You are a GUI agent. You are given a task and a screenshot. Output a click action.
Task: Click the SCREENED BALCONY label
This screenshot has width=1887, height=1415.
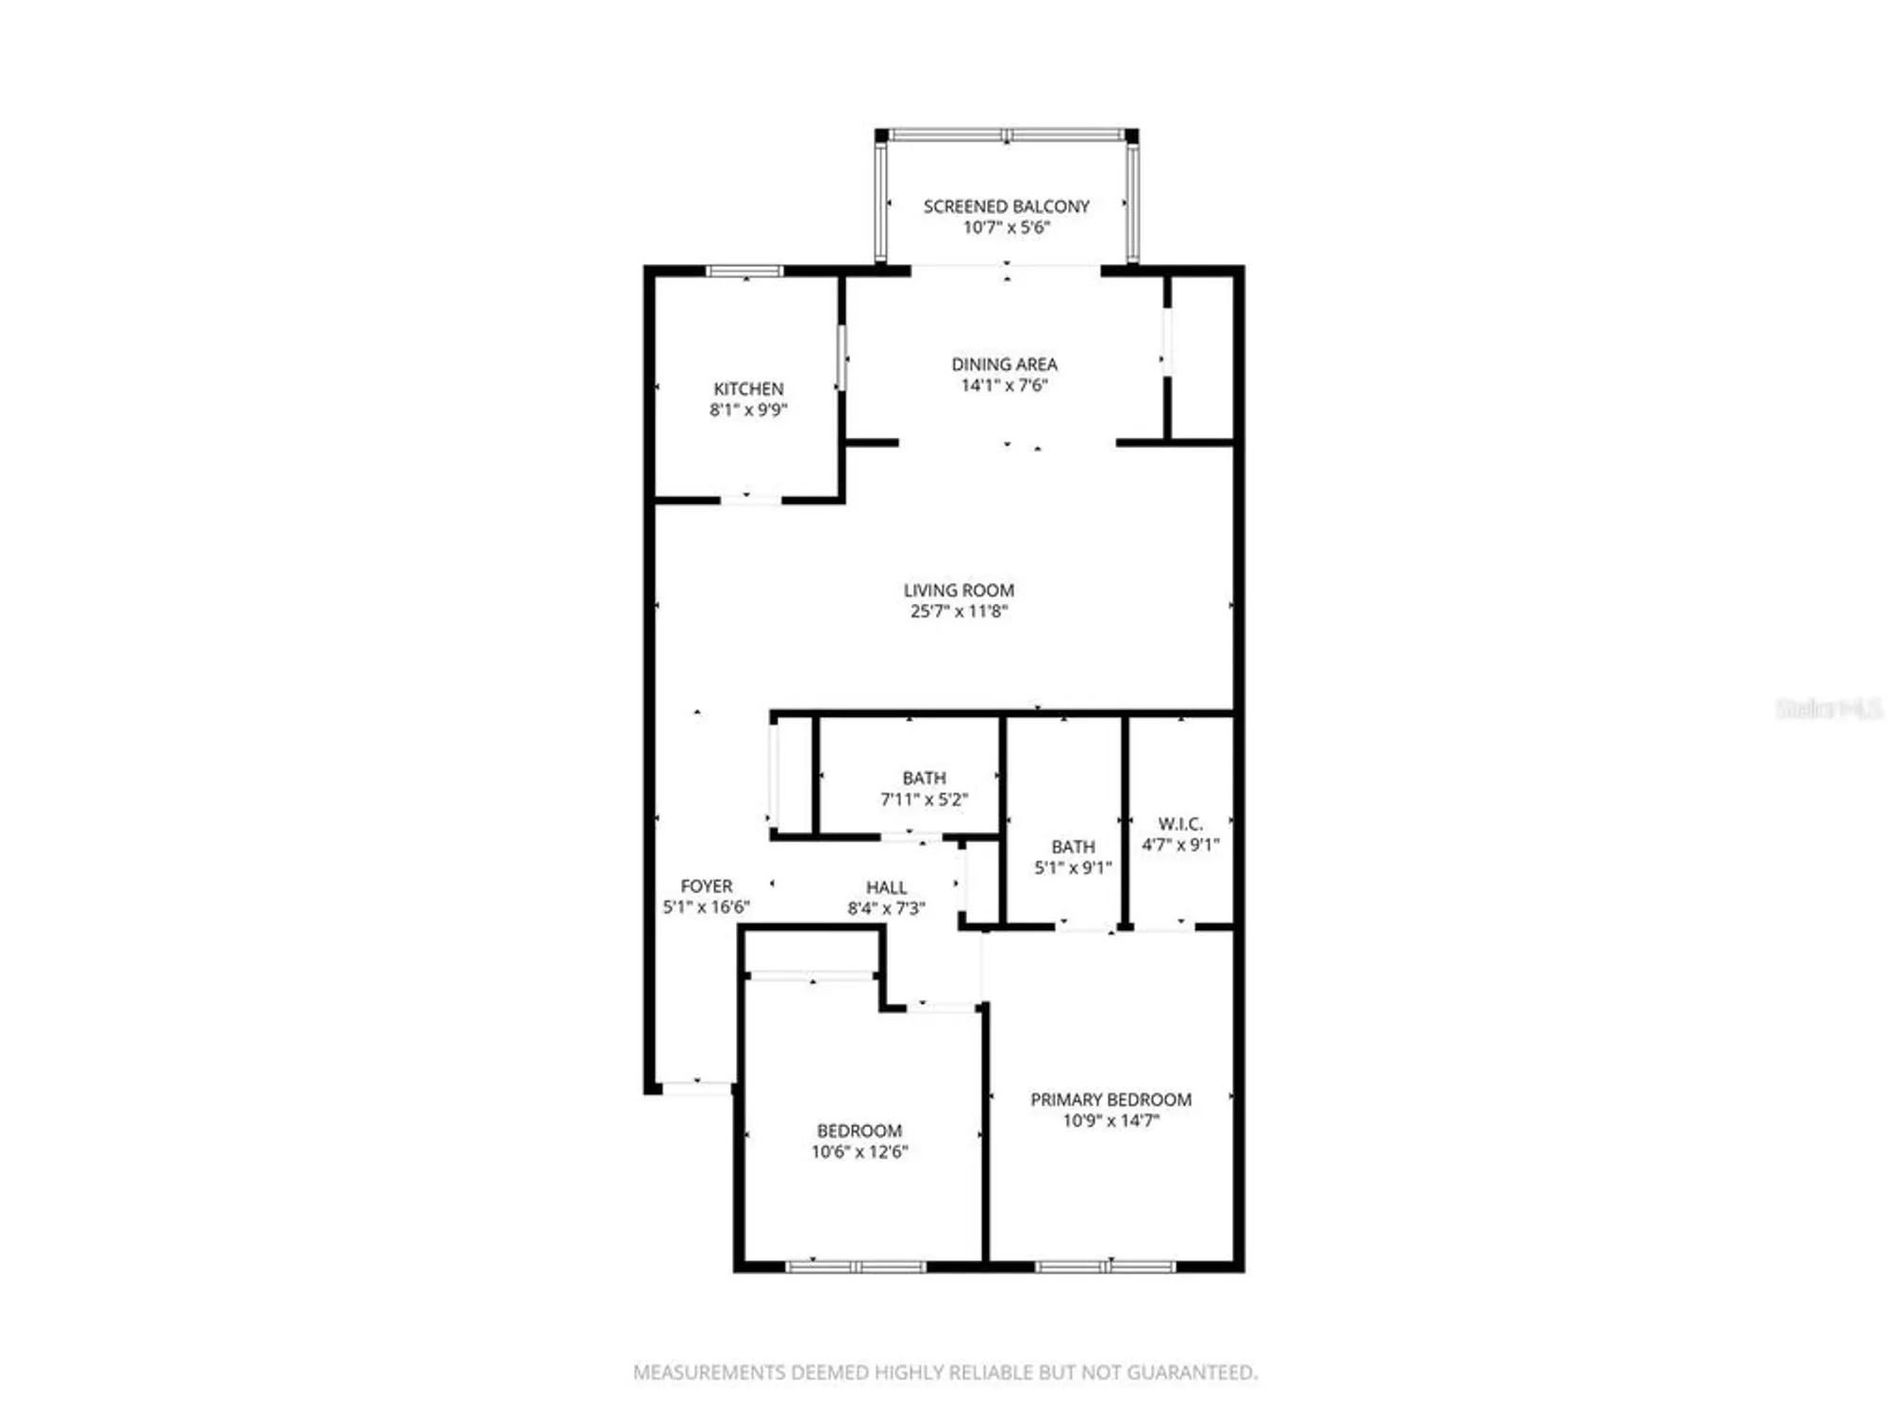point(1006,206)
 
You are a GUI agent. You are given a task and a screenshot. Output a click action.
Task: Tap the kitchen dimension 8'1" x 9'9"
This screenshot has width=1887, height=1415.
point(748,409)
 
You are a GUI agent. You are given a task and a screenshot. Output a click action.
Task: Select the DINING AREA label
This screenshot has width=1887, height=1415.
point(1004,364)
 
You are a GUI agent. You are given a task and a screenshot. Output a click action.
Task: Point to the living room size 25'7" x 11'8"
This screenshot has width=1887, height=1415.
point(959,611)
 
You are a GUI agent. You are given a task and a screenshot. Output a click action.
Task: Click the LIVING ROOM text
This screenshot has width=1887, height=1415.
point(959,590)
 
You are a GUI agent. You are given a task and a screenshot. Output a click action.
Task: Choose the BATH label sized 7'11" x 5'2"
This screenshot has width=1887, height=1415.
point(924,778)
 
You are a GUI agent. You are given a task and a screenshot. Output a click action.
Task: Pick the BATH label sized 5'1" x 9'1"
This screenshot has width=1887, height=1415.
point(1073,847)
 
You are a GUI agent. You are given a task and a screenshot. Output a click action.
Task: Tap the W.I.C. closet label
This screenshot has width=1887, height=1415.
point(1180,824)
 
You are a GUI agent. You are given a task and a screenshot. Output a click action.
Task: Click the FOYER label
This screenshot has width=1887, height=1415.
point(706,886)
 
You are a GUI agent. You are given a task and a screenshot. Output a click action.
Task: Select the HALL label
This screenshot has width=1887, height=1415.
point(886,888)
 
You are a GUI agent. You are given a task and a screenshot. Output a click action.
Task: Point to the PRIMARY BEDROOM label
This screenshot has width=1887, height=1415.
point(1110,1100)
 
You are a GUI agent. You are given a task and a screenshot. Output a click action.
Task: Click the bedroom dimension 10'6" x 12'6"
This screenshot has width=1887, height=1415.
point(859,1152)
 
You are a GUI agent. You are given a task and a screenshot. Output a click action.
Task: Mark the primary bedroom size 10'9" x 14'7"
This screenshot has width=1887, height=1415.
point(1110,1121)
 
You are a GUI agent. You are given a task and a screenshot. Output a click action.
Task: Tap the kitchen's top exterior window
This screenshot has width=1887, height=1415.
point(744,271)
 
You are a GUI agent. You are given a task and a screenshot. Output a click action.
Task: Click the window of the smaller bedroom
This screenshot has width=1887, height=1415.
point(857,1267)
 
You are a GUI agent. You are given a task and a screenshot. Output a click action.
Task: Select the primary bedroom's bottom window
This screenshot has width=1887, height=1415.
point(1106,1267)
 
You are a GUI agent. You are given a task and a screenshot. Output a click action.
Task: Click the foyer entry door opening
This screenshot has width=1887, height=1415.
point(696,1088)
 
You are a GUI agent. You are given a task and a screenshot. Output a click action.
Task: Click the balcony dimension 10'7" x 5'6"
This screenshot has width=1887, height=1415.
point(1006,227)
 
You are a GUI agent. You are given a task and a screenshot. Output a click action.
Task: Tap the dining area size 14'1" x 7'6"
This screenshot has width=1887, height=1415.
point(1004,385)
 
